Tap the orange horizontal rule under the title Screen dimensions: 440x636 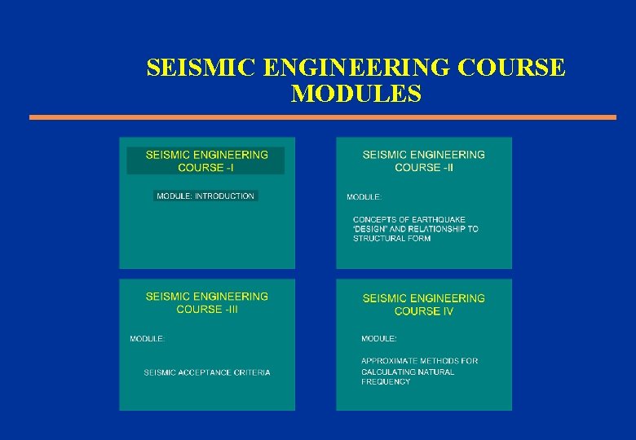(x=323, y=117)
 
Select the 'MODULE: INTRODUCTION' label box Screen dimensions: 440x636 (x=205, y=196)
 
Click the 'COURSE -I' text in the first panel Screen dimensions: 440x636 (x=205, y=167)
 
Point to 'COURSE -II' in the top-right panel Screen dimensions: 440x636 (x=424, y=167)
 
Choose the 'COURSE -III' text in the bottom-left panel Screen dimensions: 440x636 (x=205, y=309)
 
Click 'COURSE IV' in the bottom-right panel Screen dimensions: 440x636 (x=424, y=311)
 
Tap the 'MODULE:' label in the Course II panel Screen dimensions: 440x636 (x=364, y=197)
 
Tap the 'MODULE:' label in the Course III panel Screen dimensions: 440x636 (x=148, y=338)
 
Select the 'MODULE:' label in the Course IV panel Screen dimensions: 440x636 (x=379, y=338)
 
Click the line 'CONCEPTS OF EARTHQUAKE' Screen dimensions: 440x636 (x=409, y=219)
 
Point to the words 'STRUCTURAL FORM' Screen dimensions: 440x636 (x=391, y=239)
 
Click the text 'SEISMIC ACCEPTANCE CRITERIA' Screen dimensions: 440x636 (x=207, y=372)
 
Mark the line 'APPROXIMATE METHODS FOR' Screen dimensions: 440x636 (x=420, y=361)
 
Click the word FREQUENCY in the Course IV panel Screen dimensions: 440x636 (x=386, y=381)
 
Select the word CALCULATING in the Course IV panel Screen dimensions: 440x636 (x=389, y=372)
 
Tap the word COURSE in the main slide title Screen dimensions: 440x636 (x=511, y=68)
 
